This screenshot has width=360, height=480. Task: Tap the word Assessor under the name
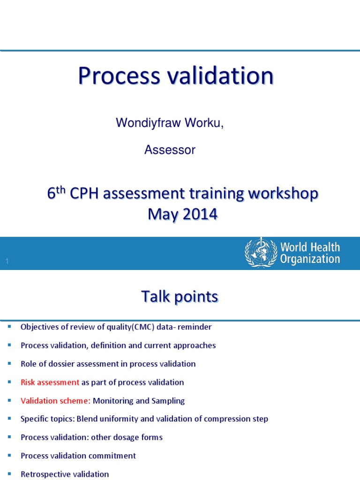[170, 150]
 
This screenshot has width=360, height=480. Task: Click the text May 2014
[183, 214]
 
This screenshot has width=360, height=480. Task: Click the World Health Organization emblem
[261, 253]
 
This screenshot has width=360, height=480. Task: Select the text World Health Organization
[310, 253]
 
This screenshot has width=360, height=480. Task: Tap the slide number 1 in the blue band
[7, 261]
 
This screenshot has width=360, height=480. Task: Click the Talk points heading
[180, 297]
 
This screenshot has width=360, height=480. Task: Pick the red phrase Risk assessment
[50, 382]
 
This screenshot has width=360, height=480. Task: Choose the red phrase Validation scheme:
[56, 401]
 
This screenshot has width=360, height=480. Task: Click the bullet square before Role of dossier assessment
[9, 364]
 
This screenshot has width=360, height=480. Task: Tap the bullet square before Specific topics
[9, 419]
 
